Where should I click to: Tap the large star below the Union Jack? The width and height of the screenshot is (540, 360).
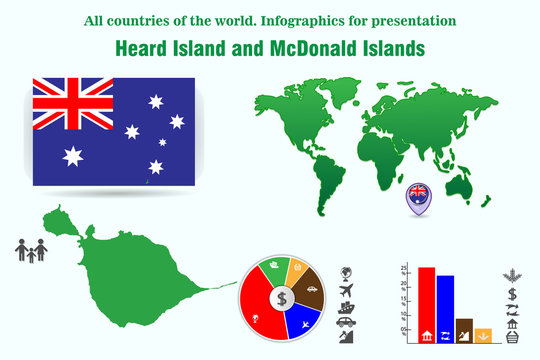[72, 155]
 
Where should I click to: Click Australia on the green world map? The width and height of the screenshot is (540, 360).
[461, 186]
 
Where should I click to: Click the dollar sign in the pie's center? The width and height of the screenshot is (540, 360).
[282, 297]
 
